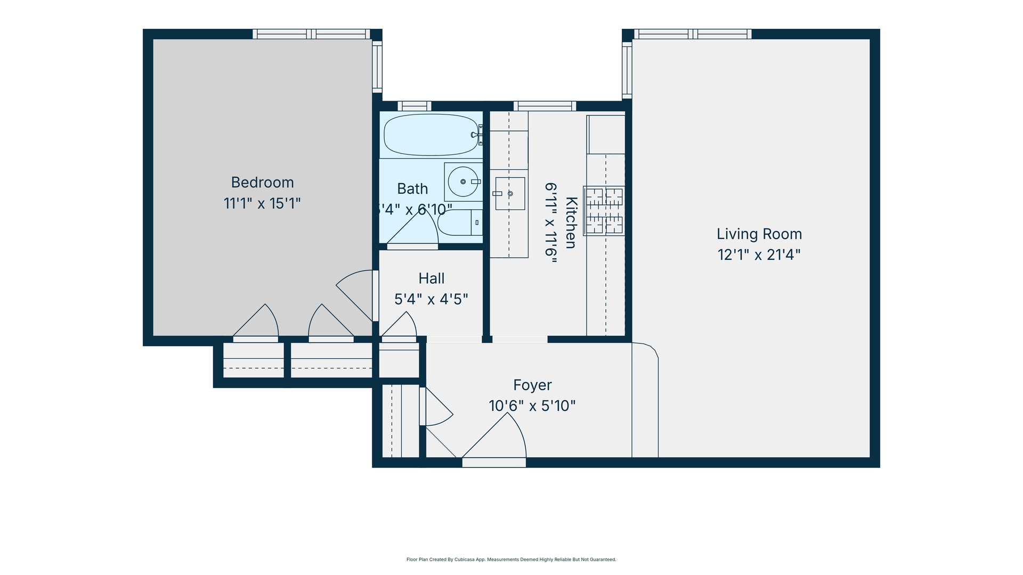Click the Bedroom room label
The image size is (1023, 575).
pos(262,183)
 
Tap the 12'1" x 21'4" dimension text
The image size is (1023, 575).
pos(759,255)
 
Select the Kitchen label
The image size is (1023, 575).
pos(571,223)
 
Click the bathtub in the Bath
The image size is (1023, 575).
pos(431,135)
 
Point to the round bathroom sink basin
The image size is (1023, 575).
pos(462,182)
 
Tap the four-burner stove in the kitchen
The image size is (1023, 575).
pos(604,211)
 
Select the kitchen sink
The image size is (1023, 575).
pos(509,194)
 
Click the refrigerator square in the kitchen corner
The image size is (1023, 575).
pos(606,134)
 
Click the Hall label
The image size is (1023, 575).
pos(431,278)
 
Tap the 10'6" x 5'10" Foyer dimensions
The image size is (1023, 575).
pos(532,406)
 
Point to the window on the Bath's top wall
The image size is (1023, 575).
pos(414,105)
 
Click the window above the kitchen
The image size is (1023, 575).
pos(545,105)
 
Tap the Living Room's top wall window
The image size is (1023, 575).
pos(692,34)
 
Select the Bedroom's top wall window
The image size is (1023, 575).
pos(311,34)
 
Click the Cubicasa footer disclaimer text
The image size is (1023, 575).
pos(511,560)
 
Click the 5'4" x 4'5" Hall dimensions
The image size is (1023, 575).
pos(431,300)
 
